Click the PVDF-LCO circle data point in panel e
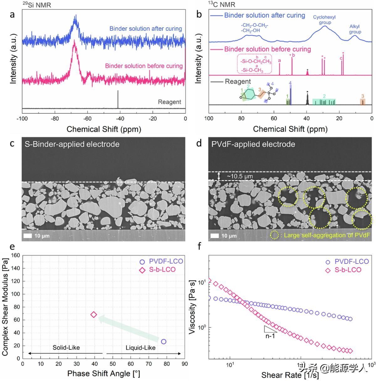click(x=164, y=342)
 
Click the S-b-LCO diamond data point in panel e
click(x=93, y=315)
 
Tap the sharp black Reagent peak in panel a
click(x=118, y=99)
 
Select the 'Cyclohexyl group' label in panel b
click(x=324, y=20)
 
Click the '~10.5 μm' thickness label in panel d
click(x=240, y=176)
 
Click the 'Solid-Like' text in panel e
click(x=66, y=347)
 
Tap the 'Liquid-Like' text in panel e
click(x=140, y=347)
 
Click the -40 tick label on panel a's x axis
click(x=120, y=119)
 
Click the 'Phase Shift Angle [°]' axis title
click(x=104, y=373)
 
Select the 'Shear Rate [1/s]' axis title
click(x=290, y=375)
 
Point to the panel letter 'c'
click(x=12, y=144)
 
